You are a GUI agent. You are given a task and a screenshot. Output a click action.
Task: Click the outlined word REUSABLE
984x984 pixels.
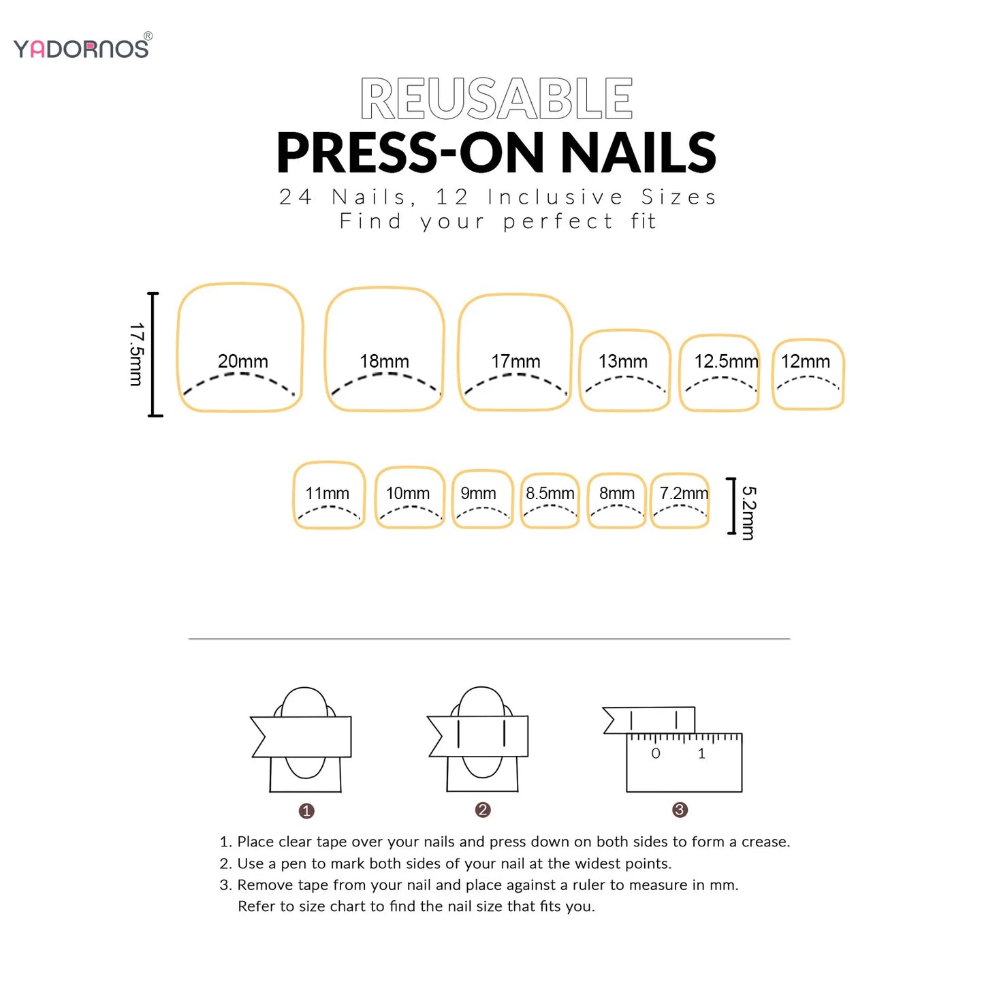coord(496,99)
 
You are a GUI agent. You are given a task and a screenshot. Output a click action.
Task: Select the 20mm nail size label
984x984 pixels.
coord(243,361)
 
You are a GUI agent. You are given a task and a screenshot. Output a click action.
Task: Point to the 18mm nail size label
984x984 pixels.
coord(385,361)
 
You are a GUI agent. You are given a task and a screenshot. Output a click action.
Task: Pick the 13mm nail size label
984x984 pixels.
coord(623,362)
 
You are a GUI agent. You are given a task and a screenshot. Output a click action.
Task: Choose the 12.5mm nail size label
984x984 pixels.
coord(726,362)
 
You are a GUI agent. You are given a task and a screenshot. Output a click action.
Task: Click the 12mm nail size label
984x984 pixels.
coord(806,362)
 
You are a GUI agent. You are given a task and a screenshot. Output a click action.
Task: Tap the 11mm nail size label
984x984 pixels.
coord(328,493)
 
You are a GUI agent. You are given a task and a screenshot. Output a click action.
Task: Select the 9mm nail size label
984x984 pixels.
coord(479,493)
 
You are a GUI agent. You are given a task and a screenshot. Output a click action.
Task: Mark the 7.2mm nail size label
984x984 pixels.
coord(684,493)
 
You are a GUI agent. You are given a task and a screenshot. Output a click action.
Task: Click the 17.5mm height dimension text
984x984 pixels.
coord(137,354)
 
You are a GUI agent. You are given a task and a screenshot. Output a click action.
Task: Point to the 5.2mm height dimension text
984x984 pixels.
coord(749,513)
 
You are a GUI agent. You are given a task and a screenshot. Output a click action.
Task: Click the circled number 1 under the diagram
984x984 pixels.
coord(306,811)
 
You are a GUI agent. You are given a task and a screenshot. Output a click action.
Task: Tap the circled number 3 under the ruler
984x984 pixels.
coord(680,810)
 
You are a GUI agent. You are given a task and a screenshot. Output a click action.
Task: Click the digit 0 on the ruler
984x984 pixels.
coord(656,753)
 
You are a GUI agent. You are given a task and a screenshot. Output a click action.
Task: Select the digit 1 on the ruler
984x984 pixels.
coord(701,753)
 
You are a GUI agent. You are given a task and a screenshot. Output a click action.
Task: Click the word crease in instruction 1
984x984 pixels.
coord(765,842)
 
